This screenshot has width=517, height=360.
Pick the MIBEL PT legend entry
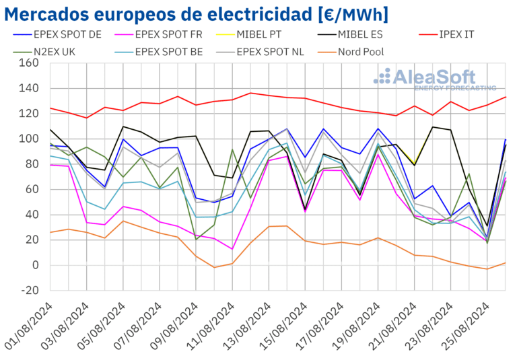click(276, 34)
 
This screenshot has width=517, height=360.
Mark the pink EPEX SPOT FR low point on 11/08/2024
click(232, 249)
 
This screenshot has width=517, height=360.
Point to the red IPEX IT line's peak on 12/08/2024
click(250, 93)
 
